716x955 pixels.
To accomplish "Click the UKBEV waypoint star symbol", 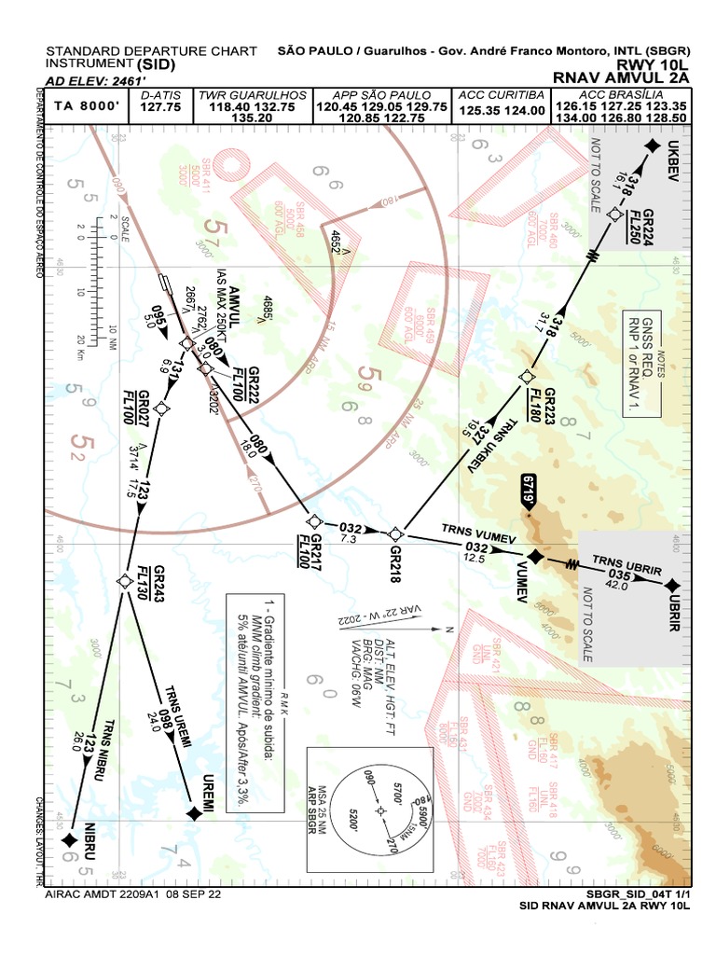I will coord(650,148).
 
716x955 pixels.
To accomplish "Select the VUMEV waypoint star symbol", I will coord(535,557).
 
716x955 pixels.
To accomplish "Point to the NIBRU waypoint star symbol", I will coord(69,841).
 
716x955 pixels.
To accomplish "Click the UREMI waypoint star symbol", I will coord(193,814).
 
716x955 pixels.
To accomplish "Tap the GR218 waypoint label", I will coord(399,558).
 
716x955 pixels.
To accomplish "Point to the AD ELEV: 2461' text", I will coord(95,81).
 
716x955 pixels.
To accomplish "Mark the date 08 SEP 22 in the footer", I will coord(194,893).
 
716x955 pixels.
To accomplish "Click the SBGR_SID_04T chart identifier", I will coord(588,893).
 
